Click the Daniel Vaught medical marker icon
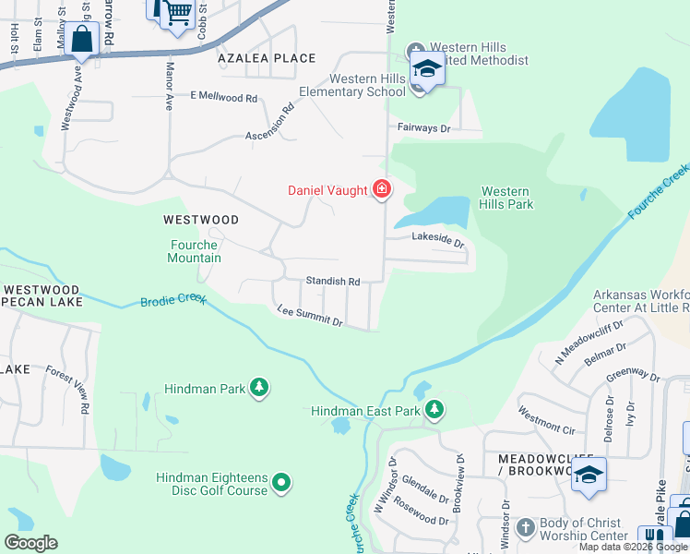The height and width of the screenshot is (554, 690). [381, 190]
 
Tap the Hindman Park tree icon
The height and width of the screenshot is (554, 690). [260, 389]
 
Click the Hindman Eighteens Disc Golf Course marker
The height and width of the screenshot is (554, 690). [282, 483]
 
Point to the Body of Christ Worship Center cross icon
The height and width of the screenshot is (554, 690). [525, 528]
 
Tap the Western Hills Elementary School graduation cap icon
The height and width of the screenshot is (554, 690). [426, 69]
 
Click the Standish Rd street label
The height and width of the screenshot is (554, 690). [333, 281]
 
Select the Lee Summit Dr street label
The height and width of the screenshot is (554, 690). [310, 316]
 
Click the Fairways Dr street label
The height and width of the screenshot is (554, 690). [423, 128]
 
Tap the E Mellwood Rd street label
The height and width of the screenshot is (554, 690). [223, 97]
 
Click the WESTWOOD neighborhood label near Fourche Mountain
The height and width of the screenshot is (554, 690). [200, 220]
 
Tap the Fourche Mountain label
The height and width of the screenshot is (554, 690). [195, 251]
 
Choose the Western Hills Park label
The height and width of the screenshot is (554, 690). [506, 198]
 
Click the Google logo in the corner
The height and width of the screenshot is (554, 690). [30, 543]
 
